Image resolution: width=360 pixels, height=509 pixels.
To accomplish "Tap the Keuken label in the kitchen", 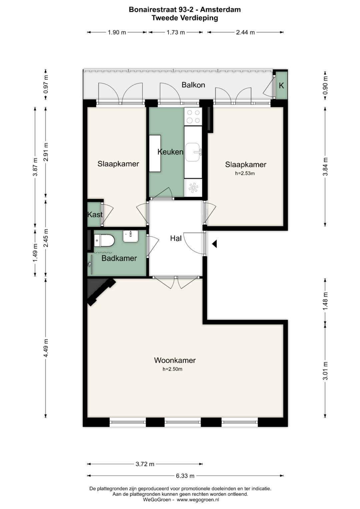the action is [x=170, y=152].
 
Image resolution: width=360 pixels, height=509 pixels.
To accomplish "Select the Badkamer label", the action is [x=119, y=258].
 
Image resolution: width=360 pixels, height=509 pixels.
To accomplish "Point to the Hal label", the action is [x=176, y=238].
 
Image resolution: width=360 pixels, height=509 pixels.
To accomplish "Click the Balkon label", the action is [x=193, y=85].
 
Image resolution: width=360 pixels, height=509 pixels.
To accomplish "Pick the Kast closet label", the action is [x=95, y=215].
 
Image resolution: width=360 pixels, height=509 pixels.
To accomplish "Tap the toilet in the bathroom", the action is [x=104, y=241].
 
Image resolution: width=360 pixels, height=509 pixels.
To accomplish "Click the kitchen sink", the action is [x=193, y=152].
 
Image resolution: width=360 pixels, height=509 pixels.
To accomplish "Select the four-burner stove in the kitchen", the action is [x=193, y=116].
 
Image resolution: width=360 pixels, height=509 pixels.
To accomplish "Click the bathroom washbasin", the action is [x=130, y=236].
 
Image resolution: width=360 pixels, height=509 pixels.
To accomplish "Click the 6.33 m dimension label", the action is [x=185, y=476].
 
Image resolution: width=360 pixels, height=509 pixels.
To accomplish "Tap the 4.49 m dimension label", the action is [x=46, y=348].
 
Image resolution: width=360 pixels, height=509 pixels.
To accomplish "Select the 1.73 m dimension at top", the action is [x=176, y=32].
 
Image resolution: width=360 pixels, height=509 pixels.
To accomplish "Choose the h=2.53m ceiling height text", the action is [x=245, y=173].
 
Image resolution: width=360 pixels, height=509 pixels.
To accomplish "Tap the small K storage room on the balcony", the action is [x=281, y=85].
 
